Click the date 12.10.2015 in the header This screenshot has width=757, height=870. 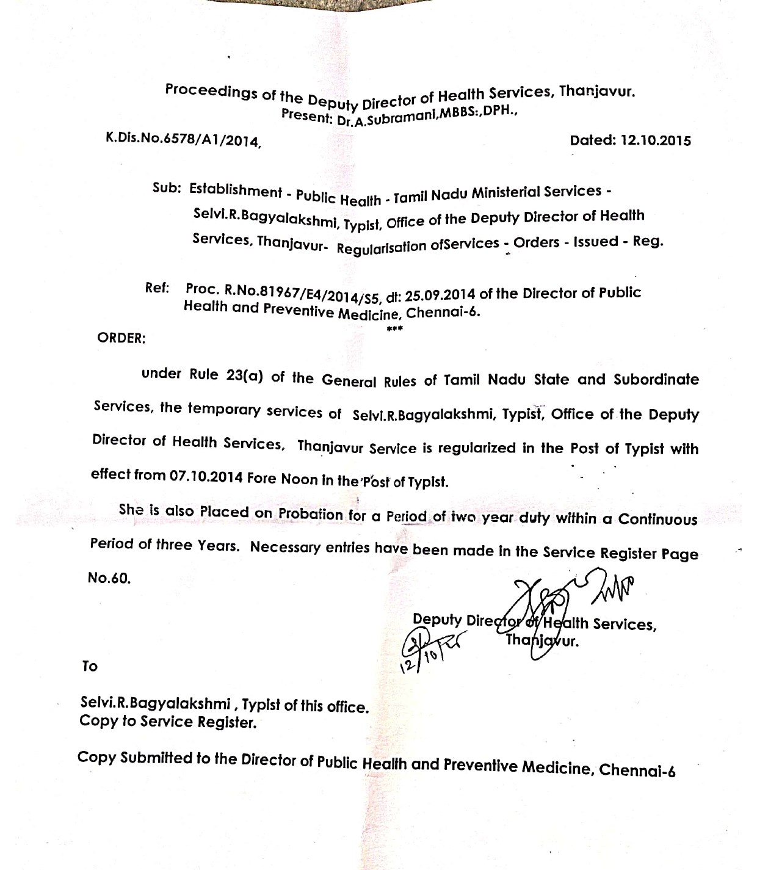656,140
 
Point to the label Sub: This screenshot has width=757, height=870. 166,188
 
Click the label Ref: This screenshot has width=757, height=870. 157,288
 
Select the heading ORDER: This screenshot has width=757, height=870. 121,338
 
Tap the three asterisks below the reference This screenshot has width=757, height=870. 394,329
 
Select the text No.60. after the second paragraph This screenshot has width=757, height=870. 109,578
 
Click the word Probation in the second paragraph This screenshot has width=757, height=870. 311,513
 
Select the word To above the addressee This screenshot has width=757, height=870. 90,666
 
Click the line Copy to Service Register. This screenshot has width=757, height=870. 168,722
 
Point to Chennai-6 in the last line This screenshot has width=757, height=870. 637,769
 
